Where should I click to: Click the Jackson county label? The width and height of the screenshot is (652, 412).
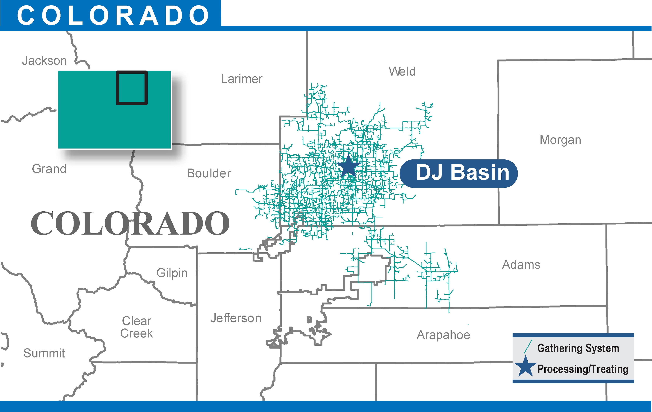tap(44, 61)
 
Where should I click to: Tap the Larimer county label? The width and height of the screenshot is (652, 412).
tap(242, 79)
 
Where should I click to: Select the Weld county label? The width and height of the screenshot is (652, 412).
tap(402, 72)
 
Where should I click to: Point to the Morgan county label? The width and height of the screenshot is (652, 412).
tap(560, 140)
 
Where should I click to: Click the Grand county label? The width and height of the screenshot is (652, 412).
tap(49, 169)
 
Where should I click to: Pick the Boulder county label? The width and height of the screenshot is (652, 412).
tap(209, 173)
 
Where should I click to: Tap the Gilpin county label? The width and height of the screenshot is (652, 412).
tap(172, 273)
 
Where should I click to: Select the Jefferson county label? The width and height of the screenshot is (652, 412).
tap(236, 318)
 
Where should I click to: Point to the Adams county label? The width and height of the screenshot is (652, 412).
tap(521, 265)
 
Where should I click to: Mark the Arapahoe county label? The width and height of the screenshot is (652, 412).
tap(443, 335)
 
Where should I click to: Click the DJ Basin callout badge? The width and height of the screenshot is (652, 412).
tap(459, 173)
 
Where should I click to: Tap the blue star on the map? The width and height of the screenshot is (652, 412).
tap(348, 166)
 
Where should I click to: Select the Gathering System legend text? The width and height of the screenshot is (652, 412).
tap(578, 348)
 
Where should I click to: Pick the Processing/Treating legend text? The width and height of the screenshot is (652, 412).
tap(583, 369)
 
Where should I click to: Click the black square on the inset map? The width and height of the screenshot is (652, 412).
tap(132, 88)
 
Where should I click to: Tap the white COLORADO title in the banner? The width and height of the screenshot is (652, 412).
tap(113, 15)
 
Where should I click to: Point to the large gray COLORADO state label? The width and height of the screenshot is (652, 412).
tap(130, 223)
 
